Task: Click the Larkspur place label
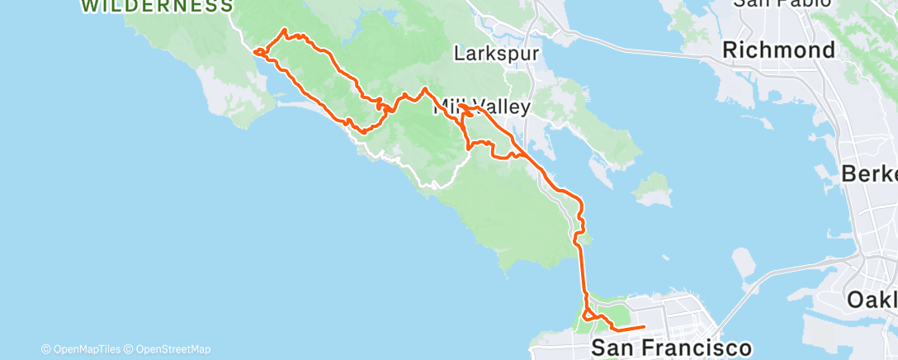pyautogui.click(x=497, y=54)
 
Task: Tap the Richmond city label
pyautogui.click(x=779, y=50)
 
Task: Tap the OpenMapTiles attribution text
pyautogui.click(x=86, y=349)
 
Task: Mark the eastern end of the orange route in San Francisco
pyautogui.click(x=643, y=328)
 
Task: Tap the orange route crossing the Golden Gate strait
pyautogui.click(x=584, y=272)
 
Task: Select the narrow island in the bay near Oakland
pyautogui.click(x=744, y=264)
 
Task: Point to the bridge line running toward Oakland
pyautogui.click(x=776, y=281)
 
